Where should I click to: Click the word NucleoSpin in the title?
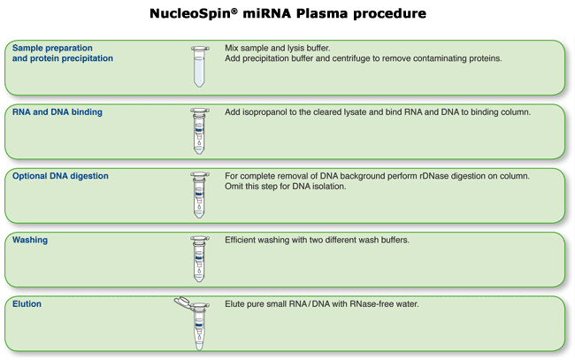191,13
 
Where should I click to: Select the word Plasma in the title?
322,13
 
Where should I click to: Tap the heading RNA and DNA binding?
57,112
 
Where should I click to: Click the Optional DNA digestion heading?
60,176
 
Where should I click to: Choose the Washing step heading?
30,240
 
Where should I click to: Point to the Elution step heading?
27,304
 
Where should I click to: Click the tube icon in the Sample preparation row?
200,66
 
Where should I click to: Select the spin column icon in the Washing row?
200,259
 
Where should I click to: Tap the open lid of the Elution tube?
182,303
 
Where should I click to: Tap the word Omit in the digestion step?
233,187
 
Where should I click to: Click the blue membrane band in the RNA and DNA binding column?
199,130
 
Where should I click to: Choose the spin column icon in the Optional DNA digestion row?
200,195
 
